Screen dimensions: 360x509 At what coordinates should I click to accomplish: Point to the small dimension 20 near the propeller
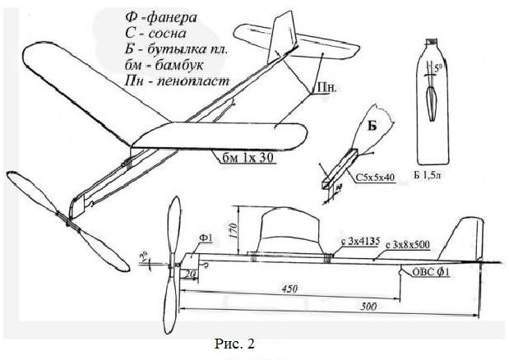[190, 273]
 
